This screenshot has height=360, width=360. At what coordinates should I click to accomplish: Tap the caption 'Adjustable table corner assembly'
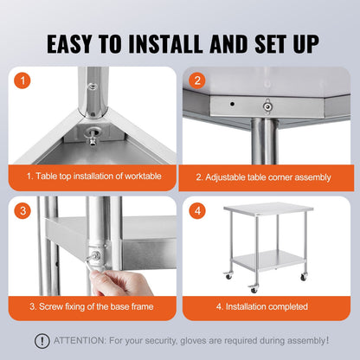[263, 177]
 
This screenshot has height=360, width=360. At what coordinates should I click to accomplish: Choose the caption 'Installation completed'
[263, 305]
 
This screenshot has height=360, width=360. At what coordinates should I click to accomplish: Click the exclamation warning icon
[41, 340]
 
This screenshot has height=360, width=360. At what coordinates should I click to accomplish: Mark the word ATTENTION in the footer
[82, 340]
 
